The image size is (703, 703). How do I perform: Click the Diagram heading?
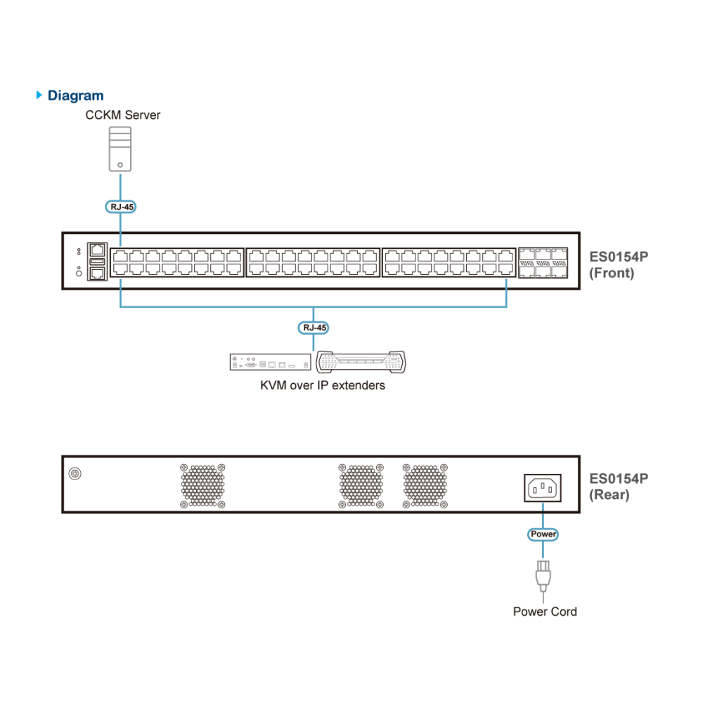[75, 96]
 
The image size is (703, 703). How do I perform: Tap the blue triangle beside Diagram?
[39, 95]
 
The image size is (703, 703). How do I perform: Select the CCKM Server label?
[123, 115]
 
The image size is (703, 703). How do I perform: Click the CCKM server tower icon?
[120, 149]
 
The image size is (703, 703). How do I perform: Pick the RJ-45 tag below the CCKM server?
[121, 207]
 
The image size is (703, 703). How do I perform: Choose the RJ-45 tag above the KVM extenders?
[314, 328]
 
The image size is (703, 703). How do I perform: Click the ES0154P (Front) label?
[618, 264]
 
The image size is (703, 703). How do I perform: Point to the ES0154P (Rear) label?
[618, 486]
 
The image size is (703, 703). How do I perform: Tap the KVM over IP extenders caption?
[323, 385]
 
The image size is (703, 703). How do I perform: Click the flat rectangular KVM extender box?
[271, 362]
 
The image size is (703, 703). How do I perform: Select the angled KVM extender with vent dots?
[361, 362]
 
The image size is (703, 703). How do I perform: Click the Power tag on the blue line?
[543, 534]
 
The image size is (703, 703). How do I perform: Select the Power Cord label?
[545, 612]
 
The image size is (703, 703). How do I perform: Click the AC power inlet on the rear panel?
[543, 488]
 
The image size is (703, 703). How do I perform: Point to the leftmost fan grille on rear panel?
[202, 486]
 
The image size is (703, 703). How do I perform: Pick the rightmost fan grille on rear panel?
[425, 486]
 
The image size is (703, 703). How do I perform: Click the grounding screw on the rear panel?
[75, 473]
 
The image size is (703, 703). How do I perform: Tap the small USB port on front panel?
[97, 262]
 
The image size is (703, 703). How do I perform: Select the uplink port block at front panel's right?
[543, 263]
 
